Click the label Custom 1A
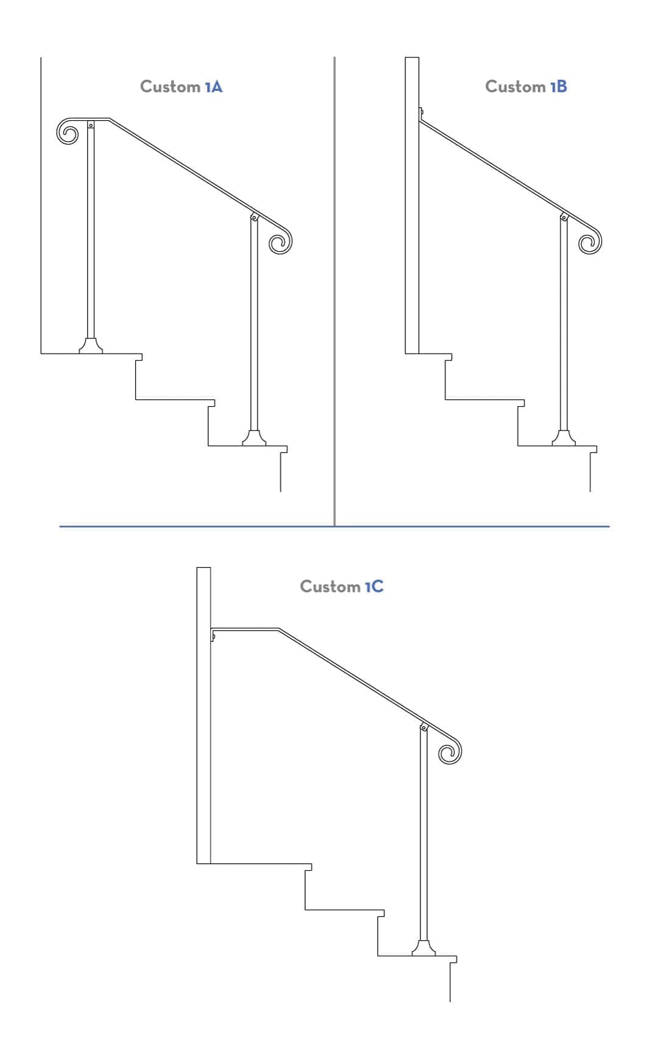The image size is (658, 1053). coord(181,87)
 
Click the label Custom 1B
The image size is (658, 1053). coord(526,87)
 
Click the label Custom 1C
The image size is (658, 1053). coord(341,587)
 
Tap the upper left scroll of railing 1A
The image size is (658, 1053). coord(68,132)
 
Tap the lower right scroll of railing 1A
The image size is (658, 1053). coord(280,242)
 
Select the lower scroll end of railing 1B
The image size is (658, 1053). coord(590,243)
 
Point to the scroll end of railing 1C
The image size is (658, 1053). coord(450,752)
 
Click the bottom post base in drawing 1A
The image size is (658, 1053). coord(254,438)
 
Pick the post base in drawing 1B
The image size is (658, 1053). coord(564,438)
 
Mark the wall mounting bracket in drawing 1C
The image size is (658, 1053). coord(213,636)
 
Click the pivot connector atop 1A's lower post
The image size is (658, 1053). coord(255,217)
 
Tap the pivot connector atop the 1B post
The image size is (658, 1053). coord(564,217)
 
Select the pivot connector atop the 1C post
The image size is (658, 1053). coord(424,727)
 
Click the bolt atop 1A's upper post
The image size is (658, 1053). coord(91,126)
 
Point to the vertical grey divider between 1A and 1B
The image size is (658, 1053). coord(334,293)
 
